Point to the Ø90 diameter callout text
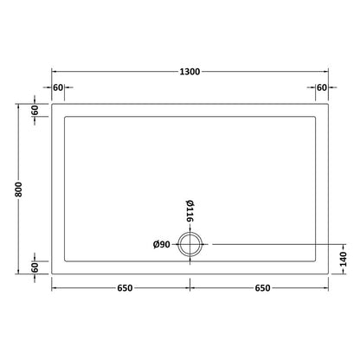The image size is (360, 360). (161, 245)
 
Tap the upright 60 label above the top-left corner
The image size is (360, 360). (58, 87)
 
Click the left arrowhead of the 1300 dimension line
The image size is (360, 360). (54, 71)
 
